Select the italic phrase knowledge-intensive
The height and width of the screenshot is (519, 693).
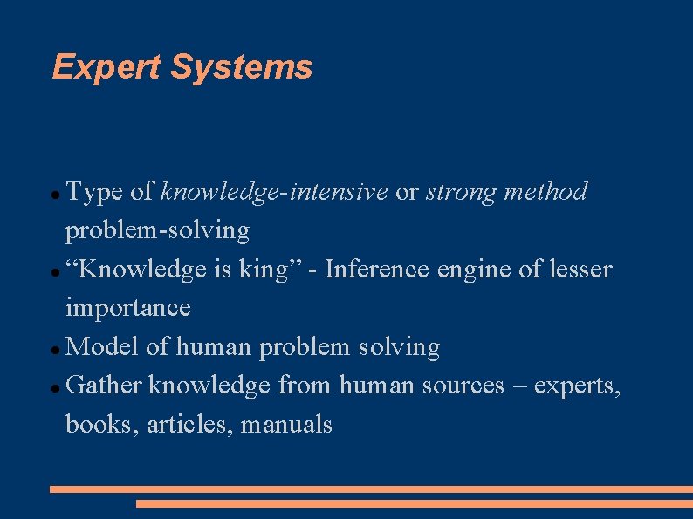tap(274, 192)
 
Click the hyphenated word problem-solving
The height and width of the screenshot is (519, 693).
tap(157, 231)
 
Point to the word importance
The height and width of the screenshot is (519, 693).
tap(128, 308)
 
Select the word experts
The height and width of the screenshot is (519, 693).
tap(577, 386)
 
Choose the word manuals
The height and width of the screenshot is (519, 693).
tap(286, 425)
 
